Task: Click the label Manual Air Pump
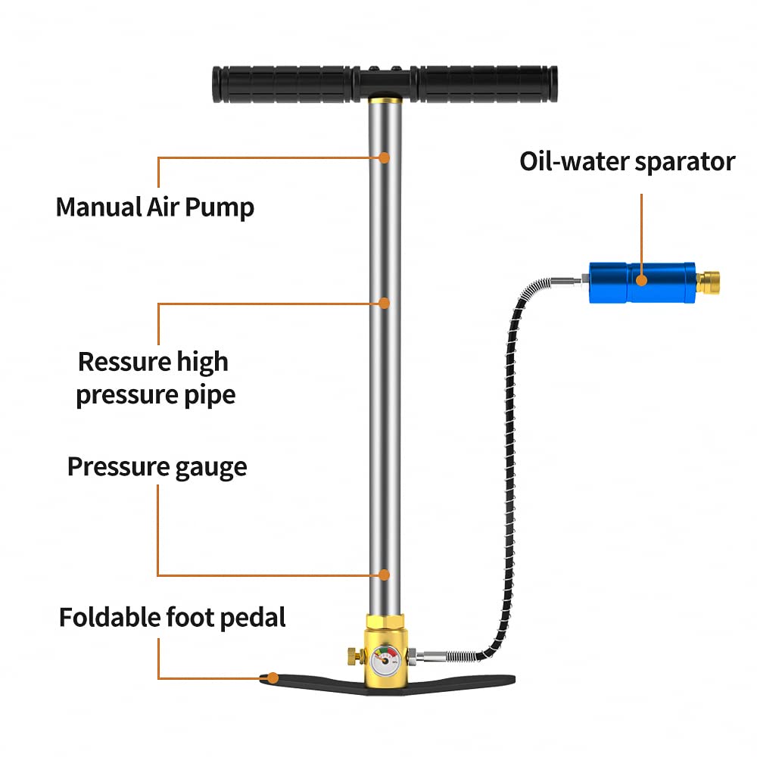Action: (x=155, y=207)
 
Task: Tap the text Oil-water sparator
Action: (x=627, y=161)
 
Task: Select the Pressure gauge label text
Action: (x=157, y=466)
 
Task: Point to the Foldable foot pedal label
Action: (x=173, y=617)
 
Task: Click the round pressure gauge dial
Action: (x=385, y=662)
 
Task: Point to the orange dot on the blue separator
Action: (x=641, y=281)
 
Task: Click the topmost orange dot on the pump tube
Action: (x=385, y=157)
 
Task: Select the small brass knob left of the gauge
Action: (x=353, y=653)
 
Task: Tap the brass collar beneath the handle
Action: (x=385, y=99)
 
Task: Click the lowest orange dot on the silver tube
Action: (x=385, y=575)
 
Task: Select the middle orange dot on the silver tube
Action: (x=385, y=303)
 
